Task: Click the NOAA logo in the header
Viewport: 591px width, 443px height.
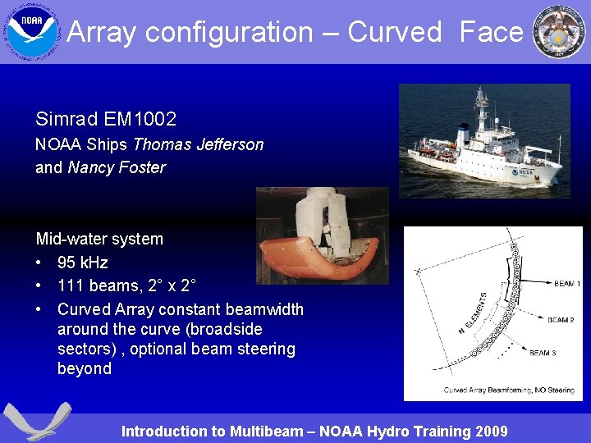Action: click(32, 32)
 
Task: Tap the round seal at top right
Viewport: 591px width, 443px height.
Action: click(559, 32)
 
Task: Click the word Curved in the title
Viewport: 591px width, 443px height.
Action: click(395, 32)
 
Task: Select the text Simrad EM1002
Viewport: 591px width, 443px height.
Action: click(106, 119)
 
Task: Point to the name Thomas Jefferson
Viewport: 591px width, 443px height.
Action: click(198, 144)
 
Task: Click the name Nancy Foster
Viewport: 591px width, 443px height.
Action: click(117, 167)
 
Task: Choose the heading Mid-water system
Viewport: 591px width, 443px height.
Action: click(99, 239)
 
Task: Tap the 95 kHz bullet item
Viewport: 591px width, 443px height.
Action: click(82, 263)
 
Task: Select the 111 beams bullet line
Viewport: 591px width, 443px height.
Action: click(126, 286)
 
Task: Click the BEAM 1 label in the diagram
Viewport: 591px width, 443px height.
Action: click(566, 284)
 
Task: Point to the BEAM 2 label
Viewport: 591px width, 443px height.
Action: click(560, 320)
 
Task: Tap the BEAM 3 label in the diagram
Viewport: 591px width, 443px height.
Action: click(542, 353)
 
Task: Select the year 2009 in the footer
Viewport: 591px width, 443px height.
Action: click(489, 431)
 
